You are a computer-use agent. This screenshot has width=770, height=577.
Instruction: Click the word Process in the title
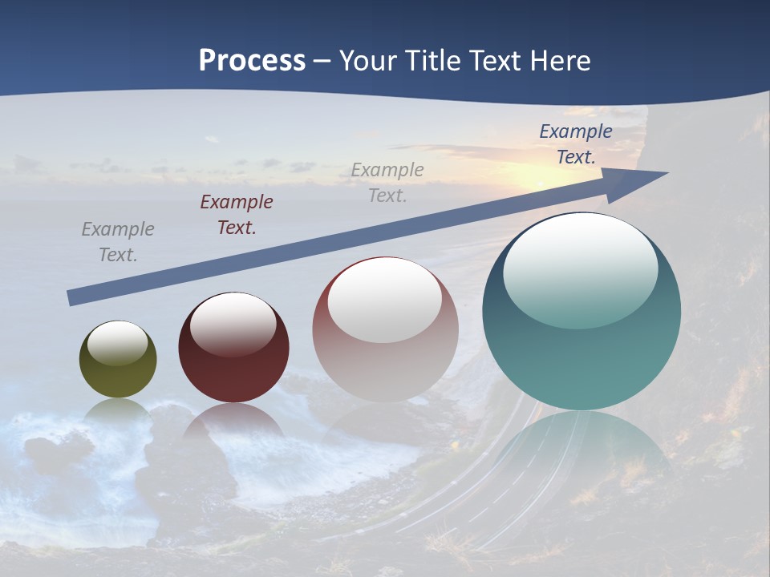pyautogui.click(x=252, y=61)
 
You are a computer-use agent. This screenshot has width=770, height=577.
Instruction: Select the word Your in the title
pyautogui.click(x=368, y=61)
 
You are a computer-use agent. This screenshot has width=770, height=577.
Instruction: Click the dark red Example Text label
pyautogui.click(x=237, y=215)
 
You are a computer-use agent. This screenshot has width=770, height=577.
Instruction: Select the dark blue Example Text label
pyautogui.click(x=576, y=144)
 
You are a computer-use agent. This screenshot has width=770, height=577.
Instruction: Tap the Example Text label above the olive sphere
pyautogui.click(x=118, y=242)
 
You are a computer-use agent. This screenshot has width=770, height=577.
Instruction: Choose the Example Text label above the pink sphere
pyautogui.click(x=387, y=183)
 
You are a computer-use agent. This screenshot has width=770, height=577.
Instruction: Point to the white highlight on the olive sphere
pyautogui.click(x=117, y=341)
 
